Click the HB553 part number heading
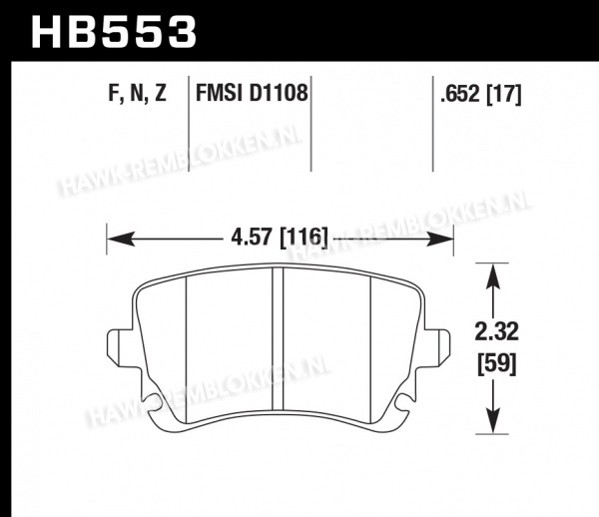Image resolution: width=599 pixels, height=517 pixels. [x=114, y=32]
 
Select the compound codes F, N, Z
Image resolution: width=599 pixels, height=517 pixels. [x=138, y=93]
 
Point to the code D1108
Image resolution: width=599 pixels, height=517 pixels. [x=279, y=93]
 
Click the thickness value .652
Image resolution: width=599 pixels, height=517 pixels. [x=459, y=94]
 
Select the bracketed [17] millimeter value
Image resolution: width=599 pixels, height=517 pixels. [x=503, y=94]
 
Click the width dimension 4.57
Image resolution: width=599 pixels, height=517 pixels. [x=253, y=238]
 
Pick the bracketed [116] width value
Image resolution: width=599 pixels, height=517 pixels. [x=303, y=238]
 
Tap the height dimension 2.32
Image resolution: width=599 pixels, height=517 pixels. [x=496, y=331]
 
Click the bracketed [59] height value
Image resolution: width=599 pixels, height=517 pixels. [x=497, y=363]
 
